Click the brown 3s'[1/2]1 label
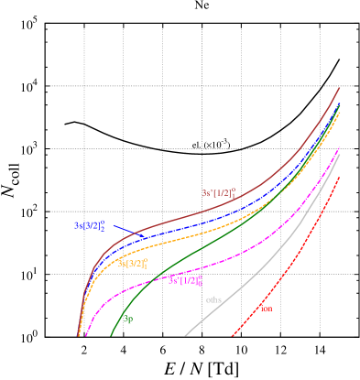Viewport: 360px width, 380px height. click(219, 193)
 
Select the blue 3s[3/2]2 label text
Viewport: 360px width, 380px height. click(90, 225)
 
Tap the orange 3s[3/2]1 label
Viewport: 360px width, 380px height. click(133, 264)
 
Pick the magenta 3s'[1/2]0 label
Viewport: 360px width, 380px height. click(185, 280)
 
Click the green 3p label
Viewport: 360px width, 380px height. click(128, 319)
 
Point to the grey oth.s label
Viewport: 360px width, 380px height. click(213, 299)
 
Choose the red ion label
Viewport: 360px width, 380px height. click(266, 309)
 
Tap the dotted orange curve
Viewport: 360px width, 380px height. click(183, 237)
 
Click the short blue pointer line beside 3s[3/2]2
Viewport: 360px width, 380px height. click(129, 231)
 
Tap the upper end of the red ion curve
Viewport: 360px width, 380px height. click(339, 176)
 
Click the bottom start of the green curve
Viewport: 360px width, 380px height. click(111, 335)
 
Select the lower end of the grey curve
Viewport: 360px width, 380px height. click(186, 335)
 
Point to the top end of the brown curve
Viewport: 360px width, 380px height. click(340, 88)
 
